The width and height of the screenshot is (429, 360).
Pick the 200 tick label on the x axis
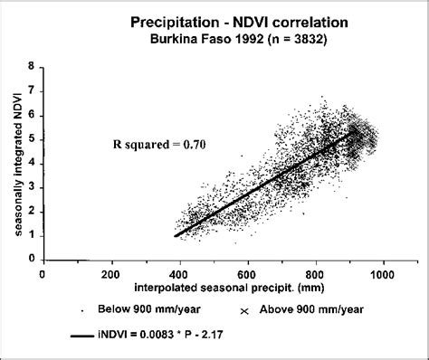point(110,272)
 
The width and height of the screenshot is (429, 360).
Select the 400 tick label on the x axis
point(178,272)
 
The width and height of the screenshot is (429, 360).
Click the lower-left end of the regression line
point(176,235)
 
